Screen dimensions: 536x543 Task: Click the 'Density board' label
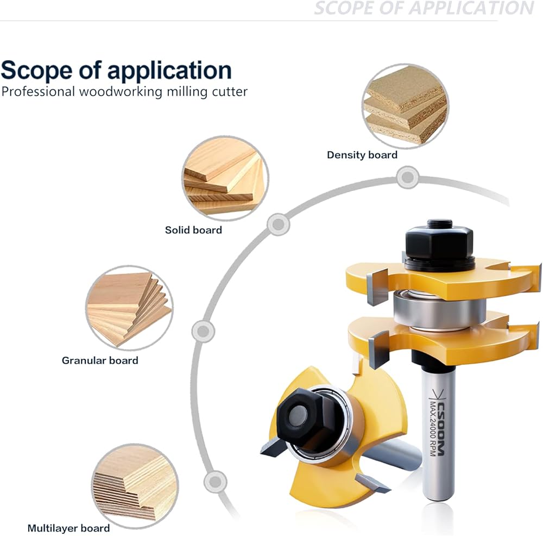[362, 155]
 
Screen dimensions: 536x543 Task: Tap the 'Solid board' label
[193, 230]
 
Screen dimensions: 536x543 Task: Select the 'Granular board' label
[100, 360]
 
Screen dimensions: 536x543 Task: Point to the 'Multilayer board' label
[68, 528]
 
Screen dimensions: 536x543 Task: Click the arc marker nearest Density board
[407, 177]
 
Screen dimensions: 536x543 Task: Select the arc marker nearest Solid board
[278, 223]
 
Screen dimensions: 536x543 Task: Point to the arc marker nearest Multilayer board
[215, 481]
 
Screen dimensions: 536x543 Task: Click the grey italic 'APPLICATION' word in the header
[471, 8]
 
